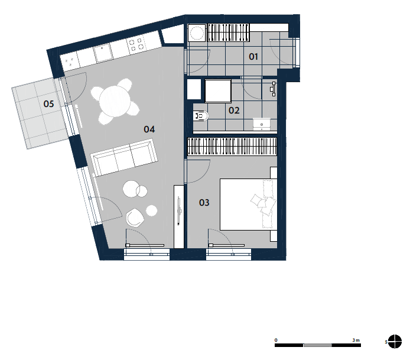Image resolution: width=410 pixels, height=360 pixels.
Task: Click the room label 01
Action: [x=253, y=57]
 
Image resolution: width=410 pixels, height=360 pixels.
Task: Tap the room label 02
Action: [x=234, y=111]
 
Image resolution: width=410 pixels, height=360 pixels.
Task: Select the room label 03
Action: [x=204, y=203]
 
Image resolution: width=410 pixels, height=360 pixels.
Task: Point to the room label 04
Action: [x=149, y=129]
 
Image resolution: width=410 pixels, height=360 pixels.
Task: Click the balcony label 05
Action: [x=48, y=104]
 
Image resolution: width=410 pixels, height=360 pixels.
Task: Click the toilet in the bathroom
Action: [x=200, y=116]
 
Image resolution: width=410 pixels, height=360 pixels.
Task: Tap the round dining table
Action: [x=115, y=101]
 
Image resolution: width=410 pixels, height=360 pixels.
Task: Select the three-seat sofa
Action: [x=124, y=157]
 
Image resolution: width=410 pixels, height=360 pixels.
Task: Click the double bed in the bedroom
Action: [x=248, y=205]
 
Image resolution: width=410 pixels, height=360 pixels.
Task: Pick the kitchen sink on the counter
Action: [x=103, y=53]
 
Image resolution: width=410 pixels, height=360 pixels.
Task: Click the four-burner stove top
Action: [x=136, y=44]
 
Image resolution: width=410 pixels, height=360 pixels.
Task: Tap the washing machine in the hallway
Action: [x=197, y=33]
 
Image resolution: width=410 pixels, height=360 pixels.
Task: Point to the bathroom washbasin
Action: [x=262, y=124]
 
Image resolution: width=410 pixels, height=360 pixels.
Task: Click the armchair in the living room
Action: [x=135, y=218]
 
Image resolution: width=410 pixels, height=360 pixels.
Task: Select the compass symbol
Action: [x=395, y=342]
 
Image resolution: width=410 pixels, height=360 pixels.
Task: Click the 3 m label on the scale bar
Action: [x=356, y=340]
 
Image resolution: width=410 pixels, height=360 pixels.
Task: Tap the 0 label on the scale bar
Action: [x=276, y=340]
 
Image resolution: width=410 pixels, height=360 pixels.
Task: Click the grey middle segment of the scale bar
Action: [x=318, y=345]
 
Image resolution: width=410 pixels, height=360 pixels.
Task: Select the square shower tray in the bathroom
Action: [x=218, y=91]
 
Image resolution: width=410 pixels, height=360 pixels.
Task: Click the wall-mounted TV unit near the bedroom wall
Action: [x=179, y=216]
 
